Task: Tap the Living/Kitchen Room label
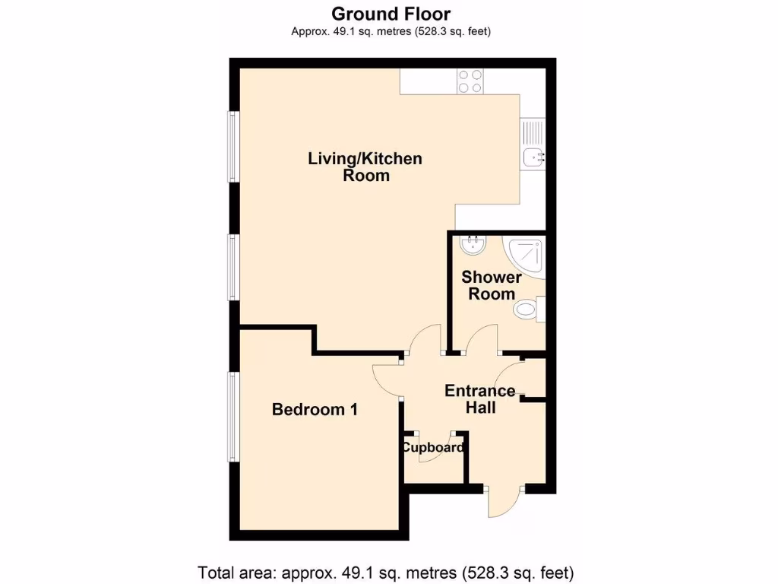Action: (365, 167)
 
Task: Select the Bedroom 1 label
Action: (315, 410)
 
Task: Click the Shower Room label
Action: (492, 286)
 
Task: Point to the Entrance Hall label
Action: (480, 399)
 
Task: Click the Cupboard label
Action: (433, 448)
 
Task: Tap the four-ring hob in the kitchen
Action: (470, 81)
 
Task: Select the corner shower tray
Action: (527, 256)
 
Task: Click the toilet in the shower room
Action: (527, 309)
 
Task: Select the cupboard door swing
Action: (435, 449)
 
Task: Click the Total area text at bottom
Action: (385, 571)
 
